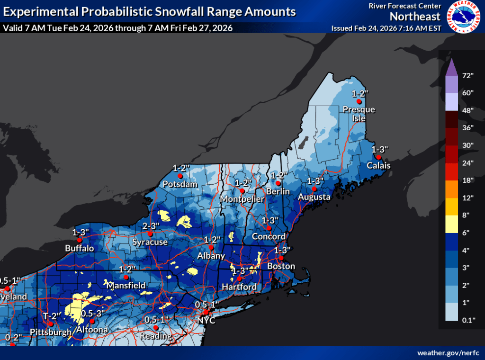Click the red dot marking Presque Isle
coord(359,101)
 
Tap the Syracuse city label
coord(150,242)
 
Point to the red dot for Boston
coord(280,258)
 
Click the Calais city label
coord(378,166)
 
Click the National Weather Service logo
coord(464,17)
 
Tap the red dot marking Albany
coord(212,247)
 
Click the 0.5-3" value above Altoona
coord(93,314)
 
